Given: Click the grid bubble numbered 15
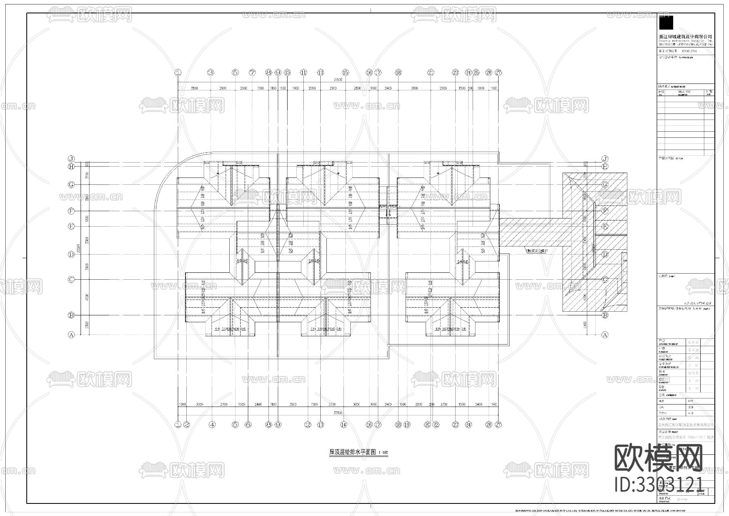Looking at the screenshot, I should tap(345, 73).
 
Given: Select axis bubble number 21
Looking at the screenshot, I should tap(431, 73).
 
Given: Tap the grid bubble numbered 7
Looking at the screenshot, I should tap(252, 73).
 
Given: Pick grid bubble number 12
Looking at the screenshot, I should tap(308, 425).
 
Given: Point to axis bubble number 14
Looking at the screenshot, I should tap(343, 425).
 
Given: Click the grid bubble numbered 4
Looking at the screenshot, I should tap(212, 425).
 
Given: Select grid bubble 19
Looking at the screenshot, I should tap(407, 425).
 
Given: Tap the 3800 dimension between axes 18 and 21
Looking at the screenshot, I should tap(414, 88).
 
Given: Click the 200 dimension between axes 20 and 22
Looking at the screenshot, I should tap(432, 405).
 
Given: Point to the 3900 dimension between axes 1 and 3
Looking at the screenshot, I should tap(194, 88).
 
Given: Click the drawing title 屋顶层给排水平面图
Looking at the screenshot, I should tap(352, 452).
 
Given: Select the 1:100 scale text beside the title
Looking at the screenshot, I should tap(383, 453).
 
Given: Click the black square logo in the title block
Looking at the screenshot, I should tap(666, 23).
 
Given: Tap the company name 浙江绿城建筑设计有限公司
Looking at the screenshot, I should tap(685, 36).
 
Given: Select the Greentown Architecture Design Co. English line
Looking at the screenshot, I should tap(685, 41).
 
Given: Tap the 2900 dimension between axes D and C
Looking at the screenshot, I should tap(87, 267).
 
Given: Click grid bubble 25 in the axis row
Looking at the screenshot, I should tap(476, 73).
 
